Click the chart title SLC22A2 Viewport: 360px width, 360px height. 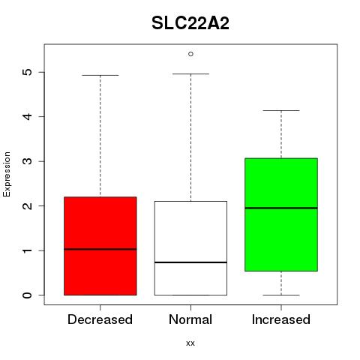pyautogui.click(x=190, y=23)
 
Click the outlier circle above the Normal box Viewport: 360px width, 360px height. pyautogui.click(x=190, y=54)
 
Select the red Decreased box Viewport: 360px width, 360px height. pyautogui.click(x=100, y=246)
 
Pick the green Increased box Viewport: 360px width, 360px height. pyautogui.click(x=281, y=214)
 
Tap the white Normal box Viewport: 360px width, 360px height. pyautogui.click(x=190, y=248)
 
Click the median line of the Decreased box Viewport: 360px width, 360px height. pyautogui.click(x=100, y=249)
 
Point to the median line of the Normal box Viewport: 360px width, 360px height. pyautogui.click(x=190, y=262)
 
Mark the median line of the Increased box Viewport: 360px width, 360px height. pyautogui.click(x=281, y=208)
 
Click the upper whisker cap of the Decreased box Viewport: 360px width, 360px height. pyautogui.click(x=100, y=75)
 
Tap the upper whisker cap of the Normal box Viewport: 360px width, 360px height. pyautogui.click(x=190, y=73)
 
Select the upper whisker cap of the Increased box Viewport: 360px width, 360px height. pyautogui.click(x=281, y=110)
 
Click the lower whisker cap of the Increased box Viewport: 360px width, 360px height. pyautogui.click(x=281, y=295)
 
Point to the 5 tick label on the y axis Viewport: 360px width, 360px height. pyautogui.click(x=28, y=72)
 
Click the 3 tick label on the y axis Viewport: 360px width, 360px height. pyautogui.click(x=28, y=161)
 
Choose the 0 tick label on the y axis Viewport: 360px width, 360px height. pyautogui.click(x=28, y=295)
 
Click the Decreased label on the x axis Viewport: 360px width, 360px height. pyautogui.click(x=100, y=319)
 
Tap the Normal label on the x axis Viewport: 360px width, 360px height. pyautogui.click(x=190, y=319)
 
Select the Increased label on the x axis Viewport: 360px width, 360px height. pyautogui.click(x=281, y=319)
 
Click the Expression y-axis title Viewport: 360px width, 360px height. pyautogui.click(x=7, y=174)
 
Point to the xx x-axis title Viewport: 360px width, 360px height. pyautogui.click(x=190, y=343)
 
